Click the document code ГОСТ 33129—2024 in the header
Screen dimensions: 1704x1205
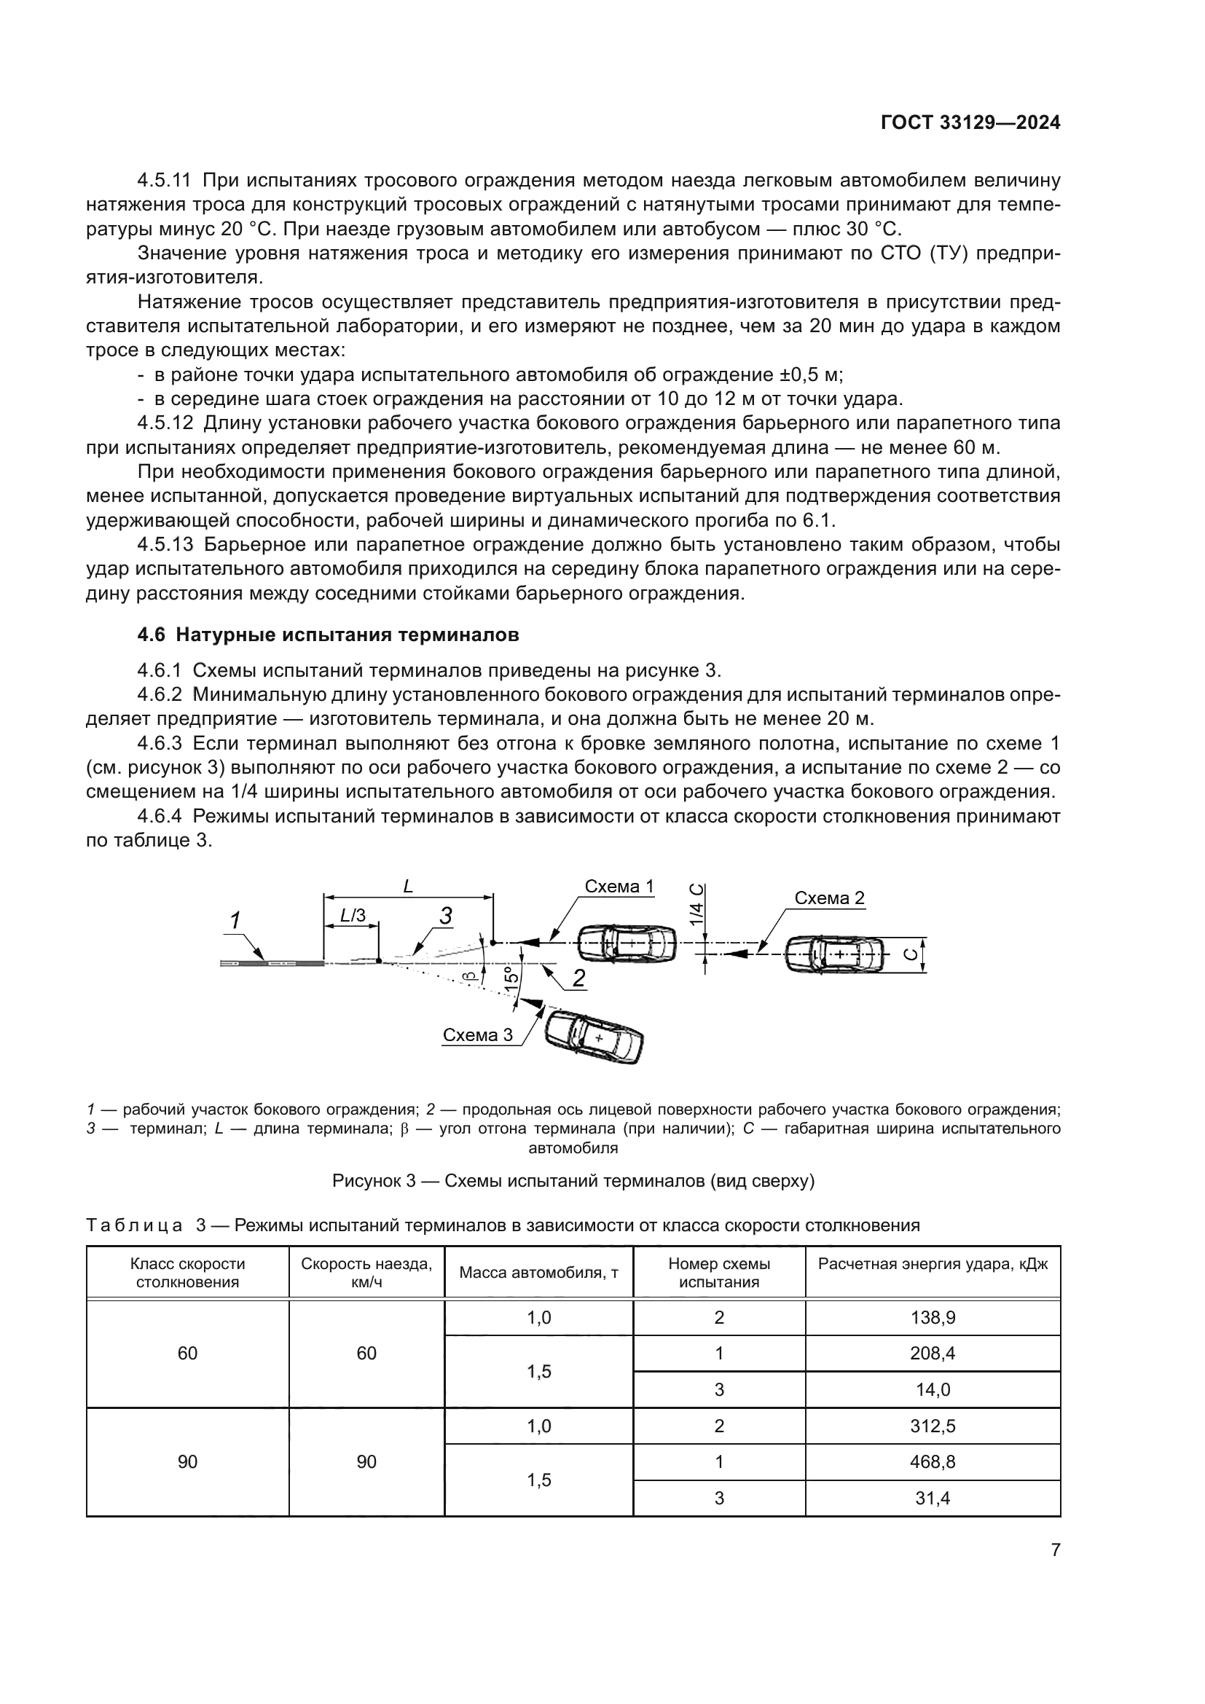pos(970,123)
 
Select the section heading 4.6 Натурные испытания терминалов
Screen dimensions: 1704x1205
pos(328,635)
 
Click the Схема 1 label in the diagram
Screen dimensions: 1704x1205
pos(619,886)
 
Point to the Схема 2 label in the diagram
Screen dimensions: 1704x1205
pos(829,898)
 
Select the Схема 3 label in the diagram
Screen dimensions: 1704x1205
pos(477,1034)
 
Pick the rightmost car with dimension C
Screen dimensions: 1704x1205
pos(836,954)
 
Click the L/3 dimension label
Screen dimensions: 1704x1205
pos(353,915)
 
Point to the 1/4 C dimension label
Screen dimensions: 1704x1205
pos(696,905)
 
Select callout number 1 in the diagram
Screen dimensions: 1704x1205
pos(235,921)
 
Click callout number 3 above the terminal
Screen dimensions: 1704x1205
pos(445,916)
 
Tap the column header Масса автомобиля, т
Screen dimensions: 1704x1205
pos(538,1273)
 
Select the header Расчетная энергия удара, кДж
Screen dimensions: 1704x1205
pos(932,1264)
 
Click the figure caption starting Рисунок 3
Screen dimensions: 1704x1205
pos(573,1181)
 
